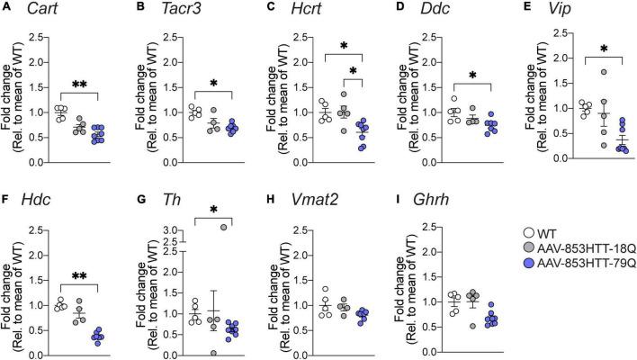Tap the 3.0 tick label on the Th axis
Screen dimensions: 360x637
point(163,230)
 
